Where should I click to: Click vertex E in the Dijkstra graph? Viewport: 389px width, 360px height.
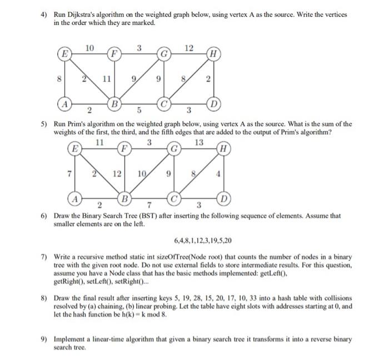point(66,54)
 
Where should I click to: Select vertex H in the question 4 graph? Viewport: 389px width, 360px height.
point(214,54)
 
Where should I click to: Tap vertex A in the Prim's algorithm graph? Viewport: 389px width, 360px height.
point(73,198)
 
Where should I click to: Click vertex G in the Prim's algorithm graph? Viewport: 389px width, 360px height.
point(173,149)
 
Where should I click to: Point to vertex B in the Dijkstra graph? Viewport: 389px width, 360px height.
point(114,103)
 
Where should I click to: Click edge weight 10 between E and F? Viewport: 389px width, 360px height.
point(89,48)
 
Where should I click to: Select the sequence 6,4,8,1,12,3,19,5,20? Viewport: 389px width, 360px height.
point(202,241)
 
